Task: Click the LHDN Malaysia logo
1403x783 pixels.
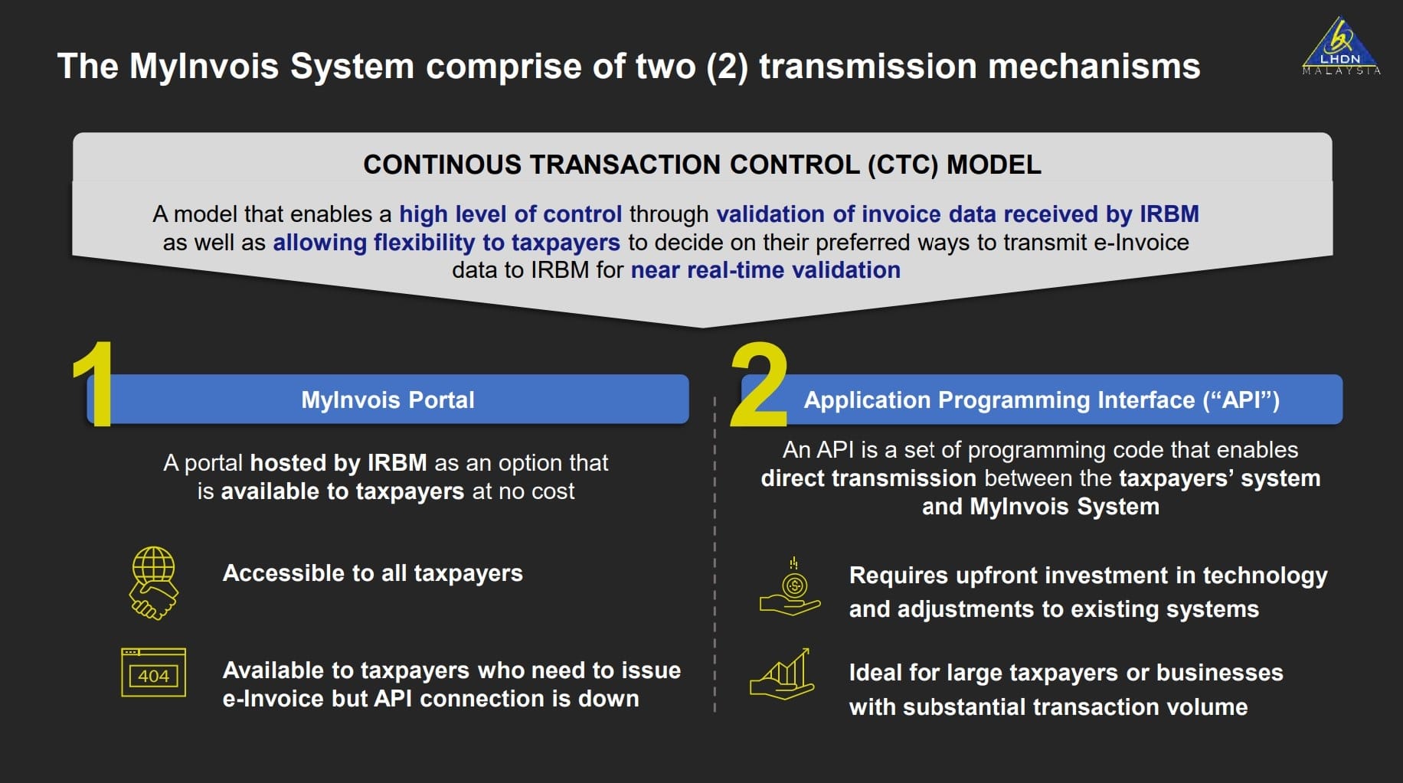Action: coord(1340,47)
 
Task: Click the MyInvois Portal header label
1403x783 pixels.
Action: coord(388,400)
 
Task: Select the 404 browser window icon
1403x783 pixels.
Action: coord(153,673)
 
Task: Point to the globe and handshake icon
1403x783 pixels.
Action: coord(154,582)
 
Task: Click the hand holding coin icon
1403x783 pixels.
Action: coord(791,589)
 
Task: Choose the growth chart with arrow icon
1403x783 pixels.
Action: coord(782,674)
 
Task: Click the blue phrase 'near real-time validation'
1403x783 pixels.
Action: coord(765,270)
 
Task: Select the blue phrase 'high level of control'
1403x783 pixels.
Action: coord(510,214)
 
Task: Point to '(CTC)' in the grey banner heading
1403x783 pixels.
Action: coord(903,165)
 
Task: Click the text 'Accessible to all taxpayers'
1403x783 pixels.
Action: coord(372,573)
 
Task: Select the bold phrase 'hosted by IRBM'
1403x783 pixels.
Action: coord(338,463)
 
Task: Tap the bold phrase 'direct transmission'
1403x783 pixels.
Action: coord(868,478)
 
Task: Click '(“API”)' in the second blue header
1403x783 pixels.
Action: coord(1241,400)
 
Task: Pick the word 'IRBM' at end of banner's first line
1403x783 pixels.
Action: coord(1169,214)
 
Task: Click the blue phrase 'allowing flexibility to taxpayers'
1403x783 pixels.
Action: coord(446,243)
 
